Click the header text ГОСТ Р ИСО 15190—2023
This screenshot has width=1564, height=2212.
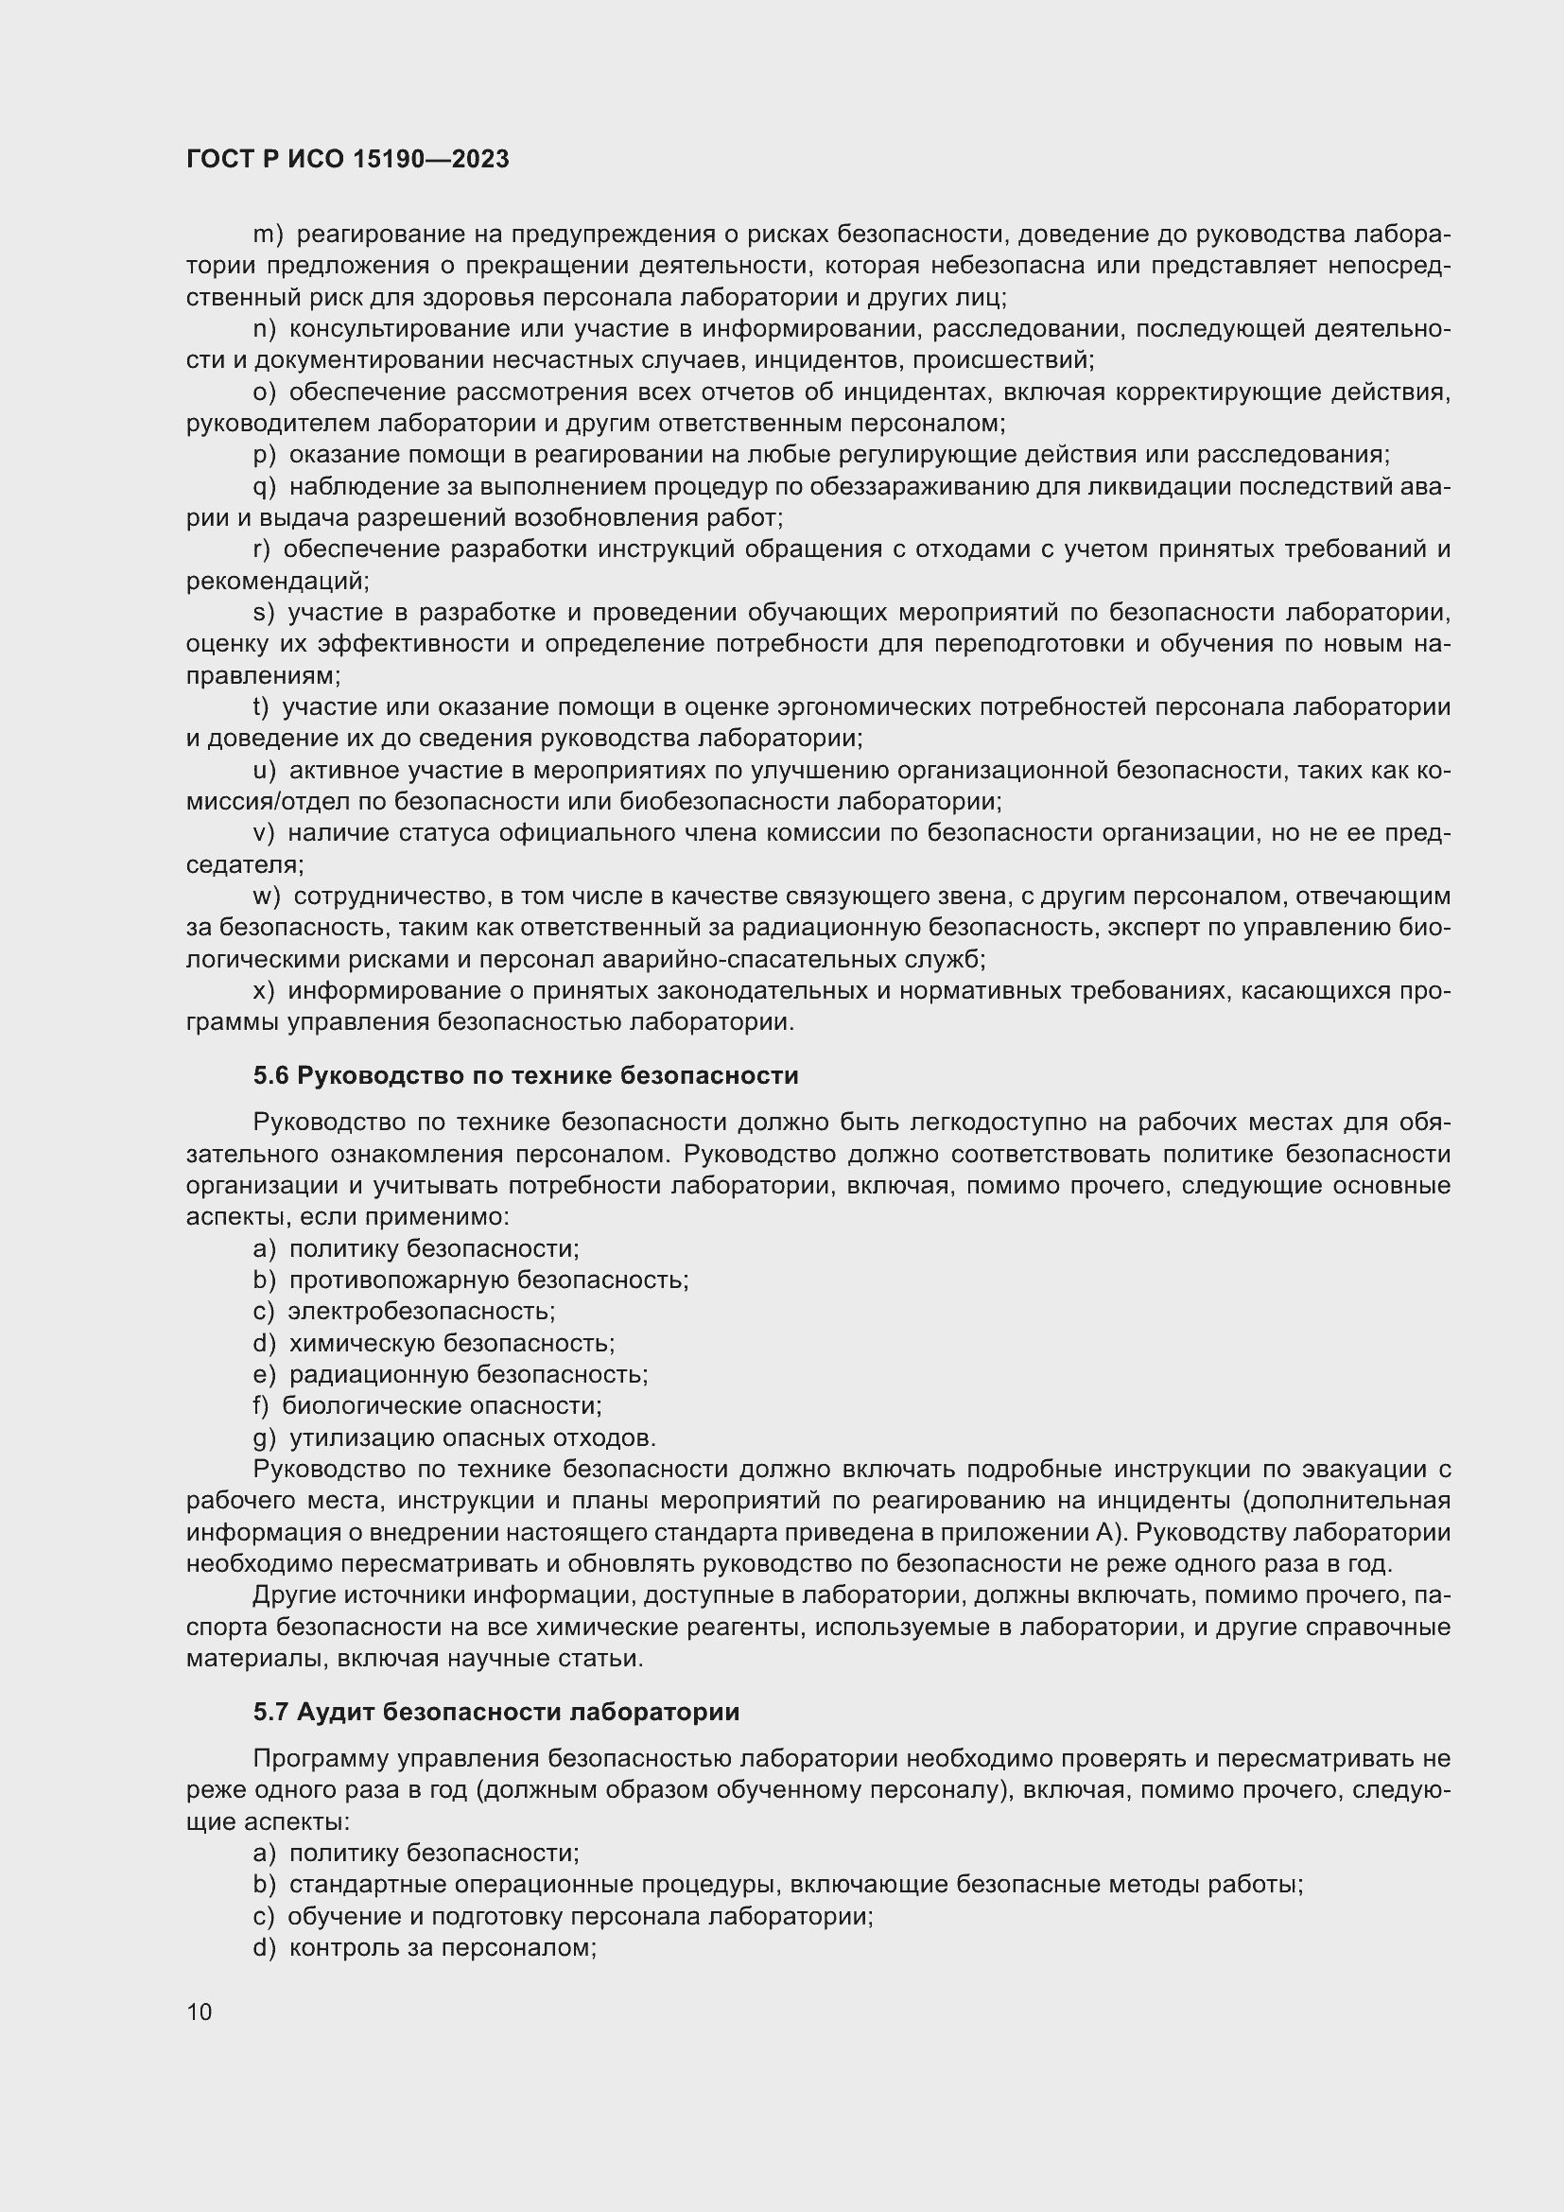point(348,160)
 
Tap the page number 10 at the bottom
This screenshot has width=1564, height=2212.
point(200,2012)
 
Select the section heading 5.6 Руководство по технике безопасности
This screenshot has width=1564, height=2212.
point(526,1075)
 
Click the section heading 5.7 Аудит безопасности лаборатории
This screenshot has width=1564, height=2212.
point(496,1712)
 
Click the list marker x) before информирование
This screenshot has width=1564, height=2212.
point(264,990)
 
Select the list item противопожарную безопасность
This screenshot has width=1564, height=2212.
point(488,1280)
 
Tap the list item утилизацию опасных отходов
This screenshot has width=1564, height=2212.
point(472,1438)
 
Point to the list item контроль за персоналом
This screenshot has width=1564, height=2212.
point(443,1948)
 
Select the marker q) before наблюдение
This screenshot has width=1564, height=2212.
point(264,486)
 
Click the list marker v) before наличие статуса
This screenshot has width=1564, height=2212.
point(264,833)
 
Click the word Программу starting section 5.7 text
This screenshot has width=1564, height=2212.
point(321,1759)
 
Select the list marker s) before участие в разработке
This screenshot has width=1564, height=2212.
point(264,613)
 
